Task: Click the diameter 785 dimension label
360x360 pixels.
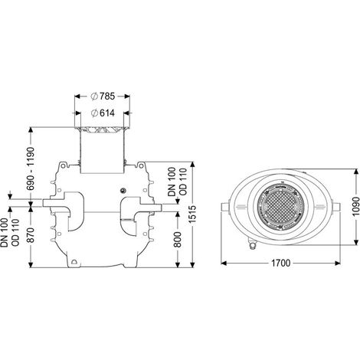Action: click(x=103, y=97)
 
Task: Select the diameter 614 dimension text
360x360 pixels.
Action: click(x=103, y=113)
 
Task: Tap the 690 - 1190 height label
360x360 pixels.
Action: click(x=31, y=169)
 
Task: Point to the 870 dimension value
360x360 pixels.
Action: click(x=31, y=235)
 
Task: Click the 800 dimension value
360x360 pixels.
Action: click(x=177, y=240)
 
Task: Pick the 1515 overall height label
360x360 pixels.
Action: click(x=193, y=214)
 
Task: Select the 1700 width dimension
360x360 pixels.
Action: click(x=280, y=263)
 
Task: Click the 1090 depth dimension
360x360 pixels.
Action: click(x=355, y=206)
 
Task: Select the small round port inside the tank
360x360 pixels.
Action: click(x=123, y=190)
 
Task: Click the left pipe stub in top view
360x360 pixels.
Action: click(x=224, y=206)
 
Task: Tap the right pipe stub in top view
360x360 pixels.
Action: click(x=336, y=206)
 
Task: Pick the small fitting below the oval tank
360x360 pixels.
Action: click(x=252, y=244)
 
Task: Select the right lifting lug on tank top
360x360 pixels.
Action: click(x=141, y=165)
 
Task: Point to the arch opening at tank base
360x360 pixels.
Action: click(x=74, y=262)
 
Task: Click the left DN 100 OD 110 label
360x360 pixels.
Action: click(x=11, y=232)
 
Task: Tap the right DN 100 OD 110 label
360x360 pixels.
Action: click(x=177, y=182)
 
